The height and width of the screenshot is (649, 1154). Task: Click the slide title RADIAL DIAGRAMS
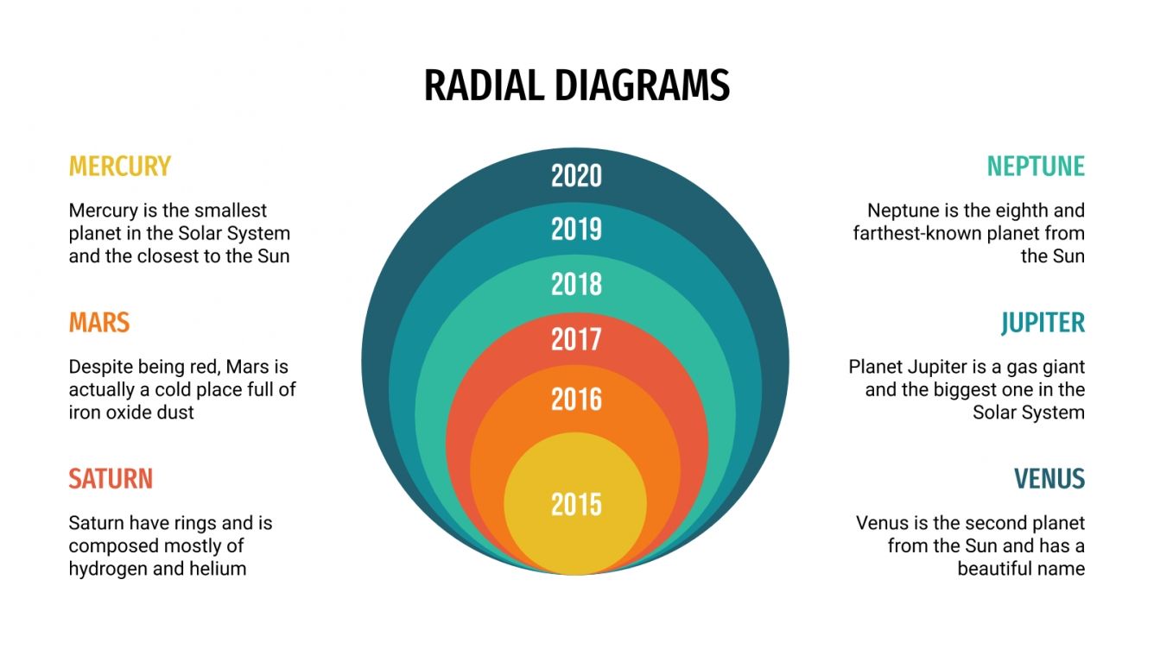click(x=576, y=86)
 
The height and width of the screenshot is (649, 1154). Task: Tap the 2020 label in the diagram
click(x=576, y=176)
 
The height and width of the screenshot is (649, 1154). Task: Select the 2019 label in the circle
click(x=576, y=230)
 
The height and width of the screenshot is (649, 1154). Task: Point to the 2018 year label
click(x=576, y=284)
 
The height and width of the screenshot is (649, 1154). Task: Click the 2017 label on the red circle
click(x=576, y=339)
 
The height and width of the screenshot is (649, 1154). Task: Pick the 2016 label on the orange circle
click(x=576, y=400)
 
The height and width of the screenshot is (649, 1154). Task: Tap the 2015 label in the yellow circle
click(x=576, y=504)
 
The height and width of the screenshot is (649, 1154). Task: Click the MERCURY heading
click(x=120, y=166)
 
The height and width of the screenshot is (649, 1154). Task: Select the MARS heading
click(x=99, y=323)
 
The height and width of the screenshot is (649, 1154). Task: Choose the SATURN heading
click(x=111, y=479)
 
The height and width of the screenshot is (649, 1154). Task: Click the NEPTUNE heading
click(x=1036, y=166)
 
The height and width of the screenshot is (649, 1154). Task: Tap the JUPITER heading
click(x=1043, y=323)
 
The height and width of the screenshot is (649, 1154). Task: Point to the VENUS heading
click(x=1049, y=479)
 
